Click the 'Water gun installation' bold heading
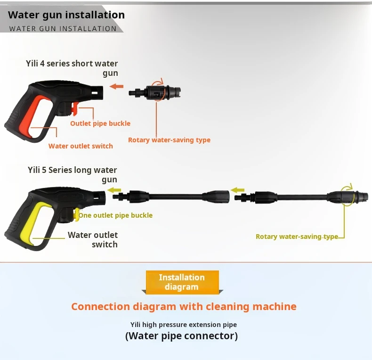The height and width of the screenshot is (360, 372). pos(66,15)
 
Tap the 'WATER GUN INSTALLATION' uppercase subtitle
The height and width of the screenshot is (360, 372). pos(63,28)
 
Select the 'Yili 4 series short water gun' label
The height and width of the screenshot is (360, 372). pos(72,68)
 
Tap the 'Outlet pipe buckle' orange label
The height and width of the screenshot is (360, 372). pos(100,123)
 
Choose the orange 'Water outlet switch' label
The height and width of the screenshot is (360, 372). pos(81,146)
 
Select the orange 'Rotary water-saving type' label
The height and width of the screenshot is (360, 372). pos(169,140)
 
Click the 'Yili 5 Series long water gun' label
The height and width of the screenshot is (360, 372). pos(73,175)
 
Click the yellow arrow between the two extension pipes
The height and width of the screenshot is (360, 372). pos(238,190)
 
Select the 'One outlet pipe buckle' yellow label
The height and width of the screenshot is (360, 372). pos(115,215)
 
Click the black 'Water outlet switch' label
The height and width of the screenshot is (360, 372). pos(93,239)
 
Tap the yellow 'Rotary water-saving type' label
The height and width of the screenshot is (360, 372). pos(297,237)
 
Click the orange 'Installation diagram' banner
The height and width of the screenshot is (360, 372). pos(182,282)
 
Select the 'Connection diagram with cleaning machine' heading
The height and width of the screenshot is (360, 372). pos(184,307)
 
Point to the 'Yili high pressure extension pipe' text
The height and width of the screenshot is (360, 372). pos(184,325)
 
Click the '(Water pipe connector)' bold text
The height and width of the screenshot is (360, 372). pos(181,336)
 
